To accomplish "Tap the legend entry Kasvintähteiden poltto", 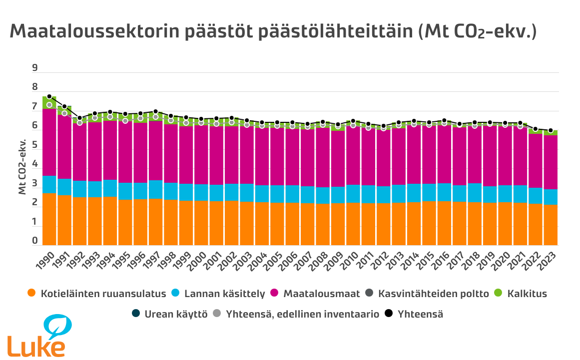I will (x=428, y=294).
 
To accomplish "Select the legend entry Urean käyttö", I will (x=169, y=315).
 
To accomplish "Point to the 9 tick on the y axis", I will (x=35, y=68).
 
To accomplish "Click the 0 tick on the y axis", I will (x=35, y=241).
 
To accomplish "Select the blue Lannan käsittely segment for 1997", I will (x=156, y=189).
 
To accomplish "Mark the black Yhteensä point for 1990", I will (x=49, y=96).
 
